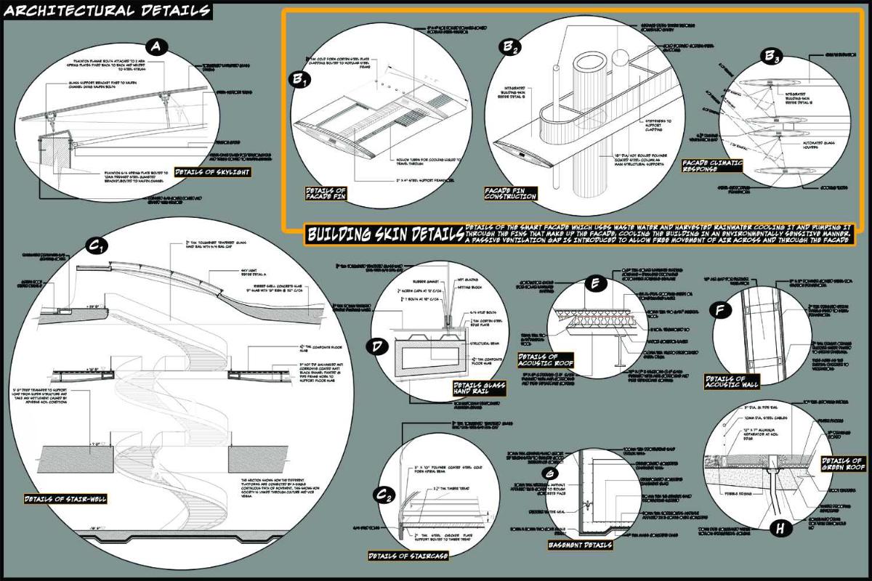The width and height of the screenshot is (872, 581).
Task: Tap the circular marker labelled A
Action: pyautogui.click(x=158, y=49)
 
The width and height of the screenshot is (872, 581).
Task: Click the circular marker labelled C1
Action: pyautogui.click(x=96, y=248)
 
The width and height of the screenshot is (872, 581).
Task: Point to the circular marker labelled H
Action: pyautogui.click(x=780, y=529)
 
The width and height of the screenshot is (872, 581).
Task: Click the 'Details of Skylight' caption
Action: pyautogui.click(x=219, y=171)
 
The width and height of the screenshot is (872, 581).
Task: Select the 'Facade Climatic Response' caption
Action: pyautogui.click(x=713, y=166)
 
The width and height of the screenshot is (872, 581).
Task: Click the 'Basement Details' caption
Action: pyautogui.click(x=579, y=545)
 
